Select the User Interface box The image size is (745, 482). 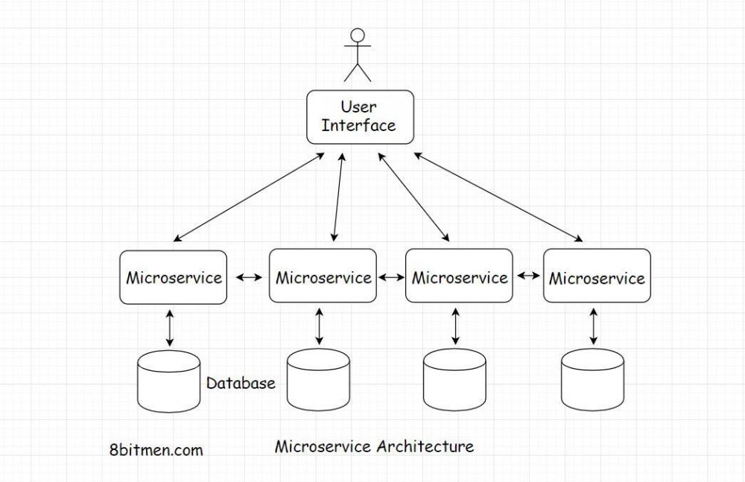360,117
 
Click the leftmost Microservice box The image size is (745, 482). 174,277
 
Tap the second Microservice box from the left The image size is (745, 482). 323,276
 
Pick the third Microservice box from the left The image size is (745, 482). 459,276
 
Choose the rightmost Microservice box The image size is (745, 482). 597,276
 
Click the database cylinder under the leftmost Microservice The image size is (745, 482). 168,381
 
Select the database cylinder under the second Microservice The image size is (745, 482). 318,379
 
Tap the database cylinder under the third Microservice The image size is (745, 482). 454,379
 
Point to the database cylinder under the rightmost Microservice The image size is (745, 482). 592,379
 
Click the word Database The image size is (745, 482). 241,383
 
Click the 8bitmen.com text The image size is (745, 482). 156,450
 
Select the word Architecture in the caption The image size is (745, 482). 425,446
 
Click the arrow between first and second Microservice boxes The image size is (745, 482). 249,277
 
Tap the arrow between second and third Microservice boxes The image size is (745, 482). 392,276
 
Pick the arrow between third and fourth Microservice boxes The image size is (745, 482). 528,275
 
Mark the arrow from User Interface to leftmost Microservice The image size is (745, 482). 249,197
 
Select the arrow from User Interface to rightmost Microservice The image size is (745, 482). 498,197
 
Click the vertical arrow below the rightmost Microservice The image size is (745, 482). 593,326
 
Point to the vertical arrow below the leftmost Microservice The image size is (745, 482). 170,328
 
